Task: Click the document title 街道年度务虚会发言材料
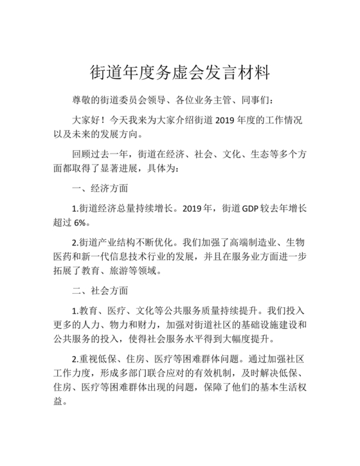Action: point(179,69)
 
